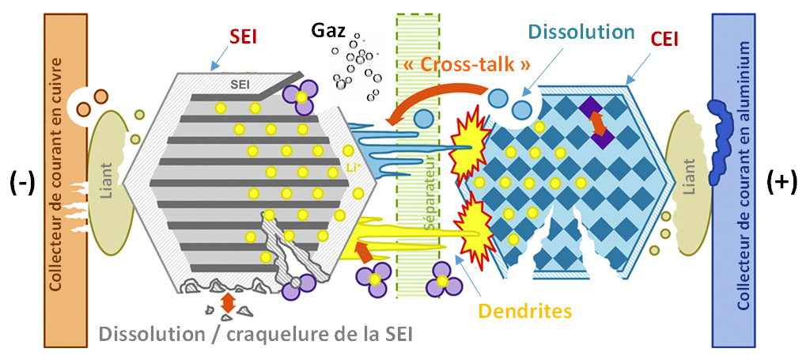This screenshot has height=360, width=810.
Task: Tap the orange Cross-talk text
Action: [x=465, y=65]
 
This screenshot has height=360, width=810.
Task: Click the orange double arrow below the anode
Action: [x=229, y=301]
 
